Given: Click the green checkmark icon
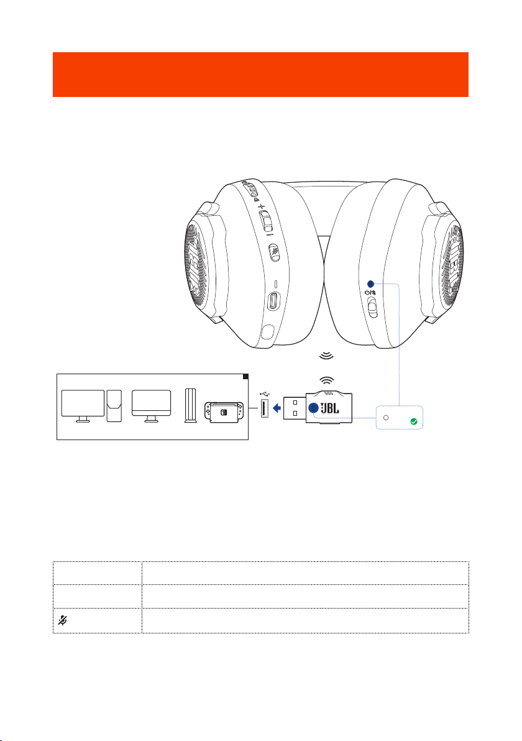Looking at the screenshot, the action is (x=414, y=421).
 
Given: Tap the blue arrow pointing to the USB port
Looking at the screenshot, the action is (x=277, y=408).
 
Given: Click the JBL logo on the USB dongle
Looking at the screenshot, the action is (x=330, y=408).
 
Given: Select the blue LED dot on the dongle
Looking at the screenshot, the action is (x=313, y=408).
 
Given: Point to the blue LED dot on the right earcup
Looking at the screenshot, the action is (x=370, y=284).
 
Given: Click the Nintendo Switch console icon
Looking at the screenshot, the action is (x=224, y=412).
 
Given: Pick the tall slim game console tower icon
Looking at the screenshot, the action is (x=191, y=405).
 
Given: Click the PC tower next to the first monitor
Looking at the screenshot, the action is (x=114, y=406).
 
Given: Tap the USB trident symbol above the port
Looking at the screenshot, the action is (x=265, y=393).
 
